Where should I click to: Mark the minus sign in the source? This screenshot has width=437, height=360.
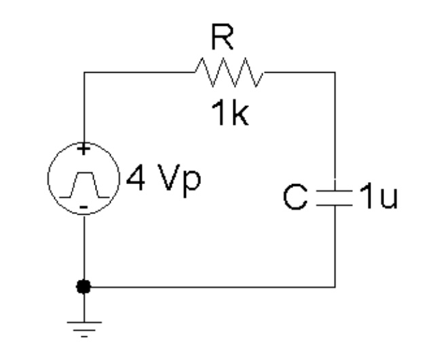pos(83,206)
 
